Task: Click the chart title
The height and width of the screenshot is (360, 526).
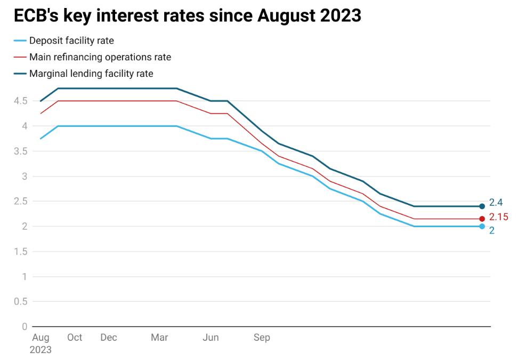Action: pos(188,16)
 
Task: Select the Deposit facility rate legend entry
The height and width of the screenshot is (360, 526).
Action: pos(71,41)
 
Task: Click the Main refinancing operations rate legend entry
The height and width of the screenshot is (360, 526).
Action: pos(100,57)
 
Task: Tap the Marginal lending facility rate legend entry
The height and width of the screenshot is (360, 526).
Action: pos(91,74)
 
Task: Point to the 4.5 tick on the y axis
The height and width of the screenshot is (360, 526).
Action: pos(21,101)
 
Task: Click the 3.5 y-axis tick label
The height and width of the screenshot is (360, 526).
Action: pos(21,151)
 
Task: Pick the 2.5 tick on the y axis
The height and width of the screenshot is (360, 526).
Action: pos(21,201)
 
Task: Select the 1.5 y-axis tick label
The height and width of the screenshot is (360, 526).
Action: pos(21,251)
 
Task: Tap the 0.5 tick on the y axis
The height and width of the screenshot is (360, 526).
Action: pos(21,301)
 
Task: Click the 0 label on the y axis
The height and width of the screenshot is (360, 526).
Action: pos(25,326)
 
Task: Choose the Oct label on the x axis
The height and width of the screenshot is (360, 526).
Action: pos(75,338)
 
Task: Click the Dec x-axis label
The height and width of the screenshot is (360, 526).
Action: pos(109,338)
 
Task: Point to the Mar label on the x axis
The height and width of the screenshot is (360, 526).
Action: pos(159,338)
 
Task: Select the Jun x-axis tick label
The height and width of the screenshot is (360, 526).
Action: pos(211,338)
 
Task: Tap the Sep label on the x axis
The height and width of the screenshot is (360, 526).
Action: pos(262,338)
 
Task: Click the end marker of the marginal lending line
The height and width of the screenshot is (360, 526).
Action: pos(482,206)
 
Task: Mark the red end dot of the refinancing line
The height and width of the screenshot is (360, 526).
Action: pos(482,219)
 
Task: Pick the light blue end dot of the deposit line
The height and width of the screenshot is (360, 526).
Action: pos(482,226)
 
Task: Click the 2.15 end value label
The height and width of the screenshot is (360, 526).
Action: pos(499,217)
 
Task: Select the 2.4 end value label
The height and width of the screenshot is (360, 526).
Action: pos(496,203)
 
